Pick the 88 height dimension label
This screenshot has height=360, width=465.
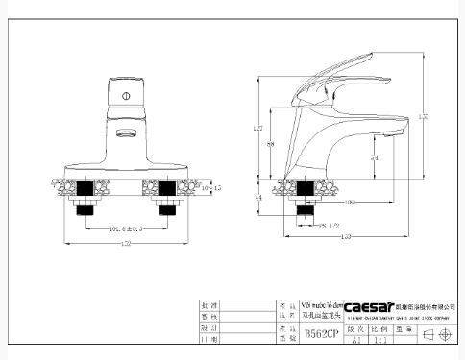tap(272, 145)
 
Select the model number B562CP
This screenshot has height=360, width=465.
tap(320, 334)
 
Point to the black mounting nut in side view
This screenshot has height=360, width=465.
tap(306, 197)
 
